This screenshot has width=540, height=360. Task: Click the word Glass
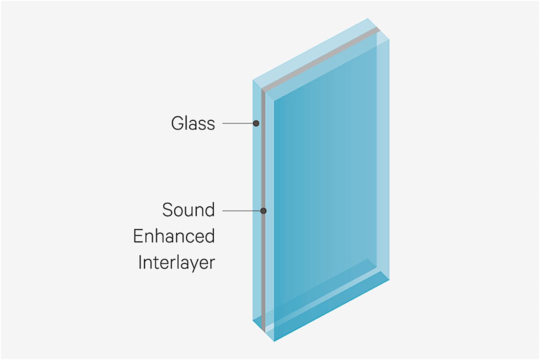point(193,123)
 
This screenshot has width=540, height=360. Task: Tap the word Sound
point(188,210)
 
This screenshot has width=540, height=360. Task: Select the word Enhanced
point(174,237)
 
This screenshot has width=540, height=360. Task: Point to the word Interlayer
point(176,263)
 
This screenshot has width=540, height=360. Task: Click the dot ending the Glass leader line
point(256,123)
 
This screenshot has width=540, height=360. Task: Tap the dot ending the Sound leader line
point(263,211)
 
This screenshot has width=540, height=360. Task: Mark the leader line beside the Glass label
point(237,123)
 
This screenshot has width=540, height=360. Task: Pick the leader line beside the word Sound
point(241,211)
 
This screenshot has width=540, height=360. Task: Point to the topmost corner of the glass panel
point(368,18)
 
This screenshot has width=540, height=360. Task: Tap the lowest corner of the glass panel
point(274,341)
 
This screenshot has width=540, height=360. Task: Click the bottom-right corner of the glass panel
point(389,279)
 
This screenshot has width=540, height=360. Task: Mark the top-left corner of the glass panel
point(253,80)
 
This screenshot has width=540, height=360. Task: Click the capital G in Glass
point(176,123)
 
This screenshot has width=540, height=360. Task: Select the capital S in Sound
point(167,210)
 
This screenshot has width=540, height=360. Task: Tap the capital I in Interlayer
point(140,263)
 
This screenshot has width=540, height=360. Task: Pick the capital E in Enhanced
point(138,237)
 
